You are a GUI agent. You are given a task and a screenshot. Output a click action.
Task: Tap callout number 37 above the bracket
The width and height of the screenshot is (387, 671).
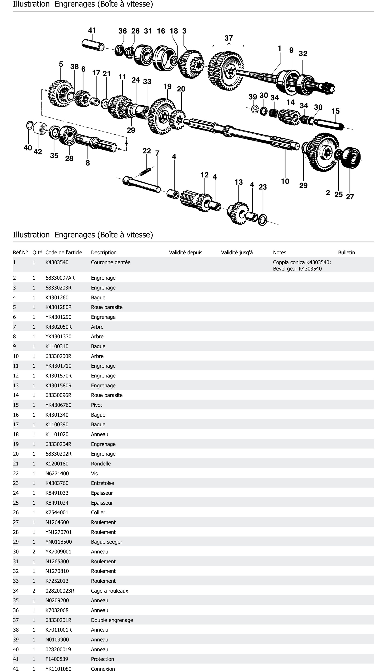point(229,38)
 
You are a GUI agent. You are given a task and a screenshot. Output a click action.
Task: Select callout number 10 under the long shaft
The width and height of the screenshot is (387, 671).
point(285,181)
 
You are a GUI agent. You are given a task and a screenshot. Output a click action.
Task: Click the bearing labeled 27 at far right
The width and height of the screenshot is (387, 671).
point(351,158)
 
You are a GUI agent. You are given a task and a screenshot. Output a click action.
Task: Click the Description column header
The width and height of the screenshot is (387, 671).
point(104,252)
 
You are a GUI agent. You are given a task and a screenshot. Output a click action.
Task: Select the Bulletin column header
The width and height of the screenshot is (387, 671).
point(346,252)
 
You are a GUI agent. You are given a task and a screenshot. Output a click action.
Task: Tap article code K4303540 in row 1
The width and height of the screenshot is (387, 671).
point(57,262)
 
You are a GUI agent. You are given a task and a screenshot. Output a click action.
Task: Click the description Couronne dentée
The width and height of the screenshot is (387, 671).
point(111,262)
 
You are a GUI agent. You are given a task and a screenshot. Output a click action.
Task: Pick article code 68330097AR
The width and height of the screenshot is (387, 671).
point(60,278)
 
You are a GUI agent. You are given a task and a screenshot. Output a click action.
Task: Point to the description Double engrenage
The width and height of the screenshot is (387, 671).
point(112,620)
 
